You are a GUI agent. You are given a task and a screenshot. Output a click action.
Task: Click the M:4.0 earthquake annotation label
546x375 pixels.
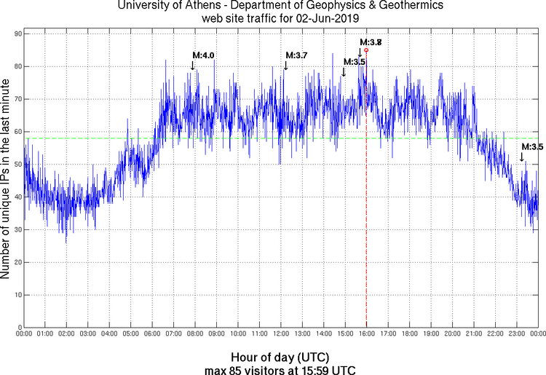[x=203, y=55]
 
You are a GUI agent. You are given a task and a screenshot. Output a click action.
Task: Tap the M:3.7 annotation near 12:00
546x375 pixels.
[x=296, y=55]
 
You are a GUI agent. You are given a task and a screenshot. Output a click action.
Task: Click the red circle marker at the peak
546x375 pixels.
[x=366, y=50]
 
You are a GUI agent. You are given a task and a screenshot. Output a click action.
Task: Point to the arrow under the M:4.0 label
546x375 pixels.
[x=192, y=66]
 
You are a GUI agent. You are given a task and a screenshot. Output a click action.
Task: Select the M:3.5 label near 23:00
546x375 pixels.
[x=532, y=146]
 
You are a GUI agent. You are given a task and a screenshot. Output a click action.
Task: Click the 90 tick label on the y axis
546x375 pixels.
[x=17, y=34]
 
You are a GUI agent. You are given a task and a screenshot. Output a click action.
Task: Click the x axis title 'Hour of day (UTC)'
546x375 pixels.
[x=280, y=358]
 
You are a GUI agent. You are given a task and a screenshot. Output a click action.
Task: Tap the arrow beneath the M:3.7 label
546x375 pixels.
[x=285, y=66]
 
